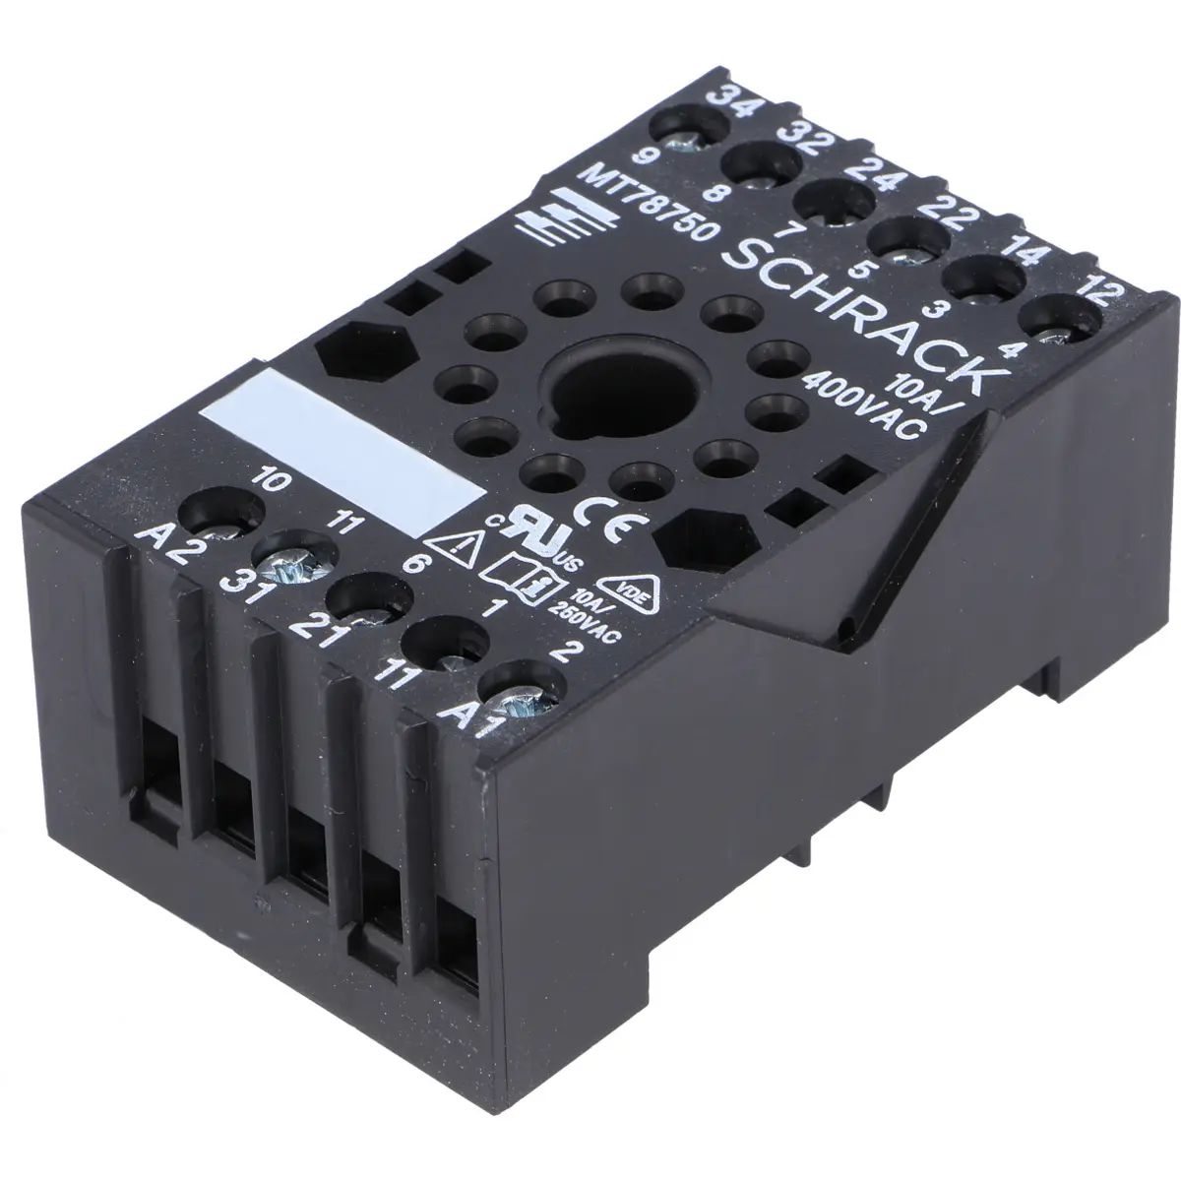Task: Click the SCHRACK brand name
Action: [x=864, y=319]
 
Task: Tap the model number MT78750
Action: [x=651, y=203]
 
